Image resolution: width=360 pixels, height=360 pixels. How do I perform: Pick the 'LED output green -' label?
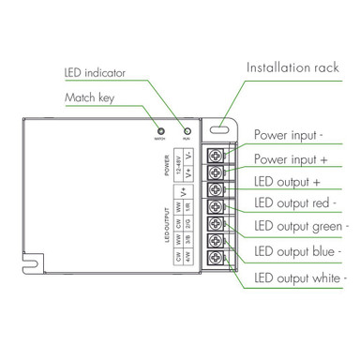301,227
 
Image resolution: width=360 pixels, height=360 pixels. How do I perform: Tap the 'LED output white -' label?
301,278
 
